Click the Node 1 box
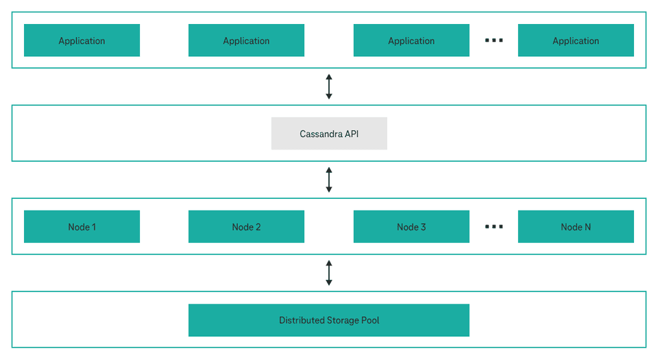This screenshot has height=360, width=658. [82, 227]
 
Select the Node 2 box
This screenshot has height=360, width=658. [246, 227]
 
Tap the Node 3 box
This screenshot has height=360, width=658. [411, 227]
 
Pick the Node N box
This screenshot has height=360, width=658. [576, 227]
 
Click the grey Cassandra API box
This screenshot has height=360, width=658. [329, 134]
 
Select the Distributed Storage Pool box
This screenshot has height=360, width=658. [329, 320]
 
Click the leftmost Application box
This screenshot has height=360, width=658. [82, 40]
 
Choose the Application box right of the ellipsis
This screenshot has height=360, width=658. [576, 40]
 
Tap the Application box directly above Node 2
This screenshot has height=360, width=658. [246, 40]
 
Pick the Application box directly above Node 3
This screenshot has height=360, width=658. [411, 40]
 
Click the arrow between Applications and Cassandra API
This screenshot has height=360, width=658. [329, 86]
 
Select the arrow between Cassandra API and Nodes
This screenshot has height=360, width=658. [329, 180]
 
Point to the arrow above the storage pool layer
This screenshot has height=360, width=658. [329, 272]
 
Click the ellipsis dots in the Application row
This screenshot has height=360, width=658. [493, 40]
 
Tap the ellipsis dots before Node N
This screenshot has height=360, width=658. [493, 227]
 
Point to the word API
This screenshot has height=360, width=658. [351, 134]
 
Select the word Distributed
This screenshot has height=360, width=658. [302, 320]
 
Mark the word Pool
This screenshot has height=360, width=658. [370, 320]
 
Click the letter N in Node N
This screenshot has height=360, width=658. [587, 227]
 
